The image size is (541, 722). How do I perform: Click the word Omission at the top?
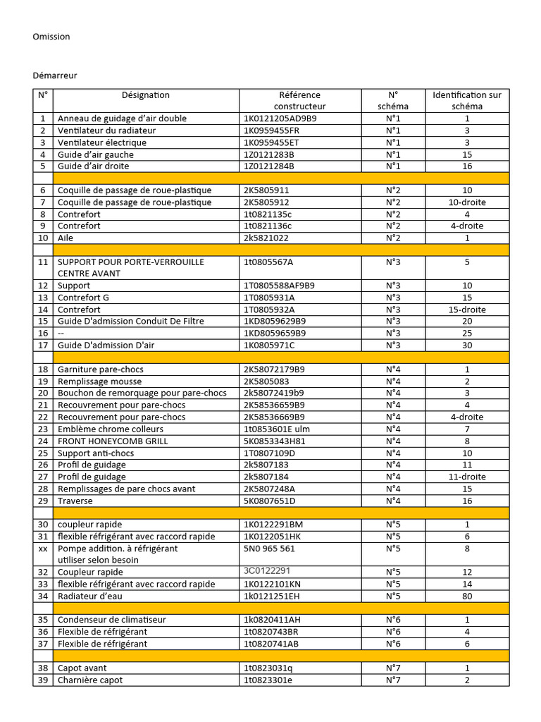coord(51,37)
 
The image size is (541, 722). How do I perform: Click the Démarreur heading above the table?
coord(55,75)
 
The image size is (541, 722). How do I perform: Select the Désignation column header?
coord(146,95)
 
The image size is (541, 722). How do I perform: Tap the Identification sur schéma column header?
coord(467,100)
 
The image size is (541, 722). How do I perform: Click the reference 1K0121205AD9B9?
coord(280,118)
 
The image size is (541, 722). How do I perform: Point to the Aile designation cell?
coord(66,238)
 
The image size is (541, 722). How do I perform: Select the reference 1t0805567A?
coord(268,262)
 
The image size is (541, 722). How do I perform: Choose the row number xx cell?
coord(43,549)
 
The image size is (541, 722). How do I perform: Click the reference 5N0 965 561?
coord(270,549)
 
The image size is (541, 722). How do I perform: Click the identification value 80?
coord(467,596)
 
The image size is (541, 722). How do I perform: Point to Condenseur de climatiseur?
coord(112,620)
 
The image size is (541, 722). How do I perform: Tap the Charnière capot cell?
coord(90,680)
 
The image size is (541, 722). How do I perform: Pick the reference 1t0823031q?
coord(268,668)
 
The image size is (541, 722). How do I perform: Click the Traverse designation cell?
coord(75,501)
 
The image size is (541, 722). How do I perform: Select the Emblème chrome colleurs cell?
coord(111,429)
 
